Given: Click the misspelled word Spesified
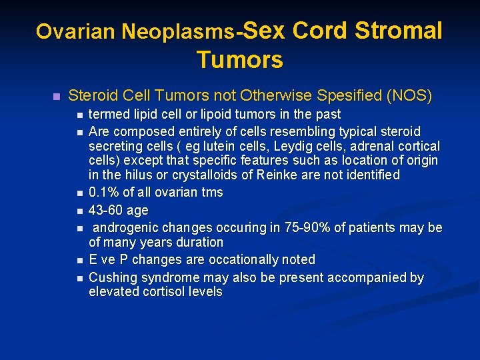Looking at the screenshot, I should click(x=347, y=95).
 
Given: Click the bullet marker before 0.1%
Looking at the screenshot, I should click(x=80, y=193).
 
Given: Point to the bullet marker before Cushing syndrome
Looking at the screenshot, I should click(x=80, y=277).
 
